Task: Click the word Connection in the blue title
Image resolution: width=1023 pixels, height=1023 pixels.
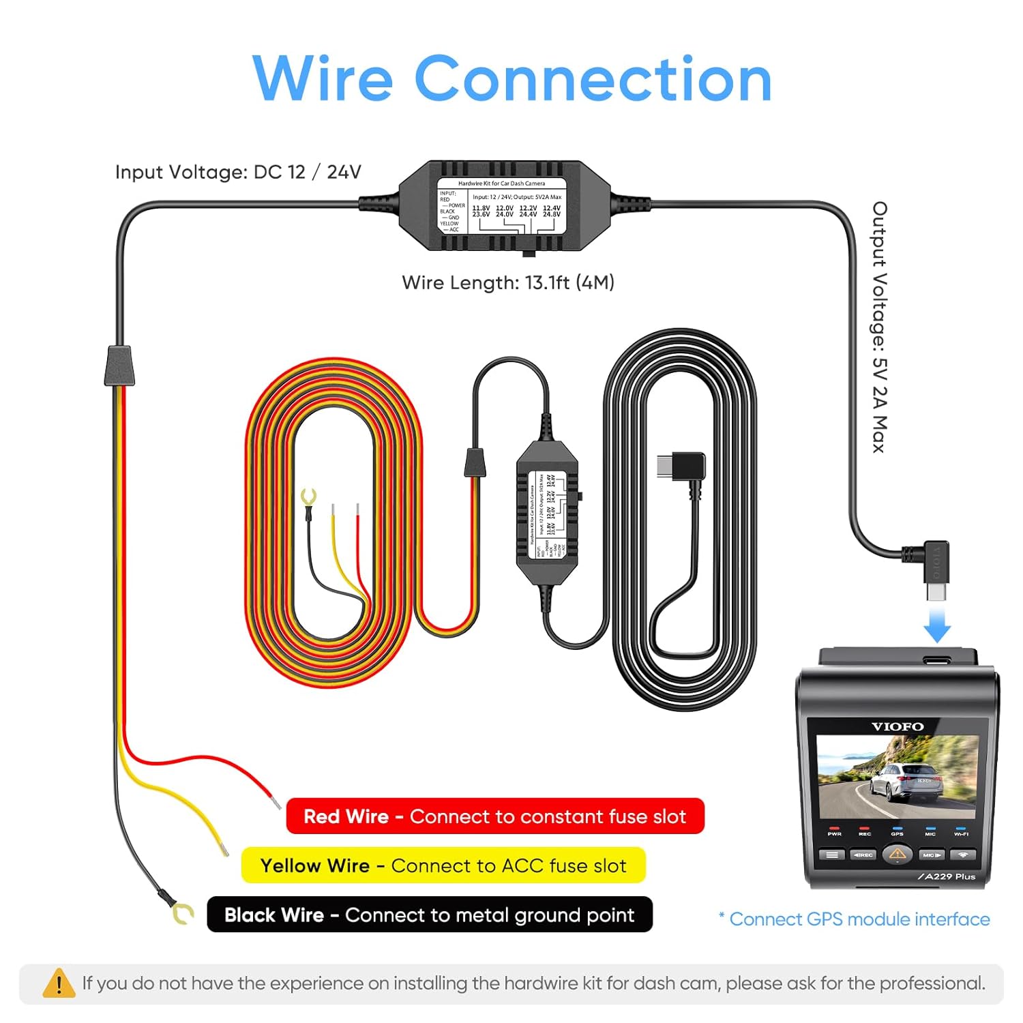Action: point(593,79)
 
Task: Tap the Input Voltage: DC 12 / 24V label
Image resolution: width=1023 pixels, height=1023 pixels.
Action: point(238,172)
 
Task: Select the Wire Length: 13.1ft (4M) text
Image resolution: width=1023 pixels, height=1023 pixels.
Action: point(508,282)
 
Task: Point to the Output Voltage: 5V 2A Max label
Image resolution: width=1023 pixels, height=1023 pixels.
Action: point(880,327)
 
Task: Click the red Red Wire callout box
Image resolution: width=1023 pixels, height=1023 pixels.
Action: point(495,816)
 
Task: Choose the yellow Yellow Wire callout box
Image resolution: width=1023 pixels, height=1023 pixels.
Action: point(443,865)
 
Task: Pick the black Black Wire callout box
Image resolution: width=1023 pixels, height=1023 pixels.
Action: point(430,915)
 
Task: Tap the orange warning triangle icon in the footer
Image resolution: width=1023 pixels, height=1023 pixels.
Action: point(59,983)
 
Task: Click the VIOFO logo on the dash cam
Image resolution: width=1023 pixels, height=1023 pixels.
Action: point(898,727)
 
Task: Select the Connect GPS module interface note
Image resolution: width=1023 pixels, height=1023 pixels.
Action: point(854,919)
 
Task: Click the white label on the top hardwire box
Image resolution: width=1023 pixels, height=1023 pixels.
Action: point(501,207)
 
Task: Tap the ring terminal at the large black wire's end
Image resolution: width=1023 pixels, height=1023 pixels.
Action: point(182,913)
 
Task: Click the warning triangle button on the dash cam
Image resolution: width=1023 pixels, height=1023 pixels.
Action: point(898,854)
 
